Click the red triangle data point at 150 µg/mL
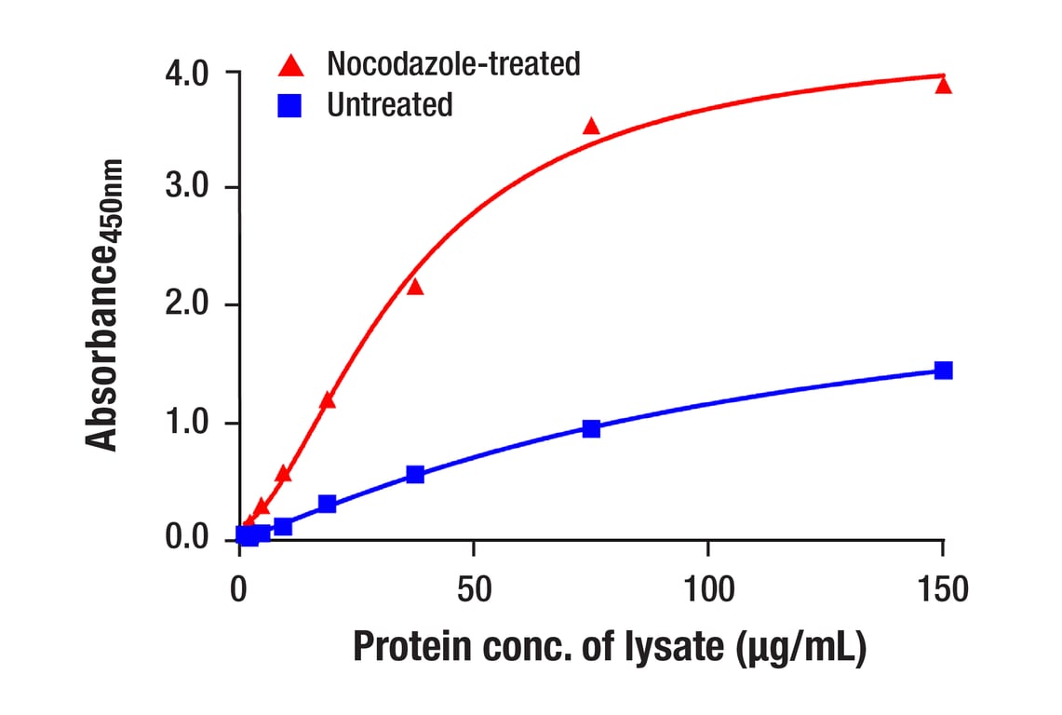pos(943,86)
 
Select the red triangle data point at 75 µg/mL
pos(591,127)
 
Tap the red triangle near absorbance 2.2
pos(415,287)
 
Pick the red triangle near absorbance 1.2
pos(327,400)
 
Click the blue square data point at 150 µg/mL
pos(943,371)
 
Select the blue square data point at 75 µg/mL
pos(591,428)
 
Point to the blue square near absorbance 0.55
pos(415,475)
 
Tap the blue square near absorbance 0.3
pos(327,504)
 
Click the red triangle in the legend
pos(290,65)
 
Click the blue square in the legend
pos(290,105)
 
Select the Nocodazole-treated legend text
pos(453,64)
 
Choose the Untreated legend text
pos(389,104)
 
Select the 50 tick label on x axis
pos(474,589)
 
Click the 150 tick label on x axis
pos(942,589)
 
